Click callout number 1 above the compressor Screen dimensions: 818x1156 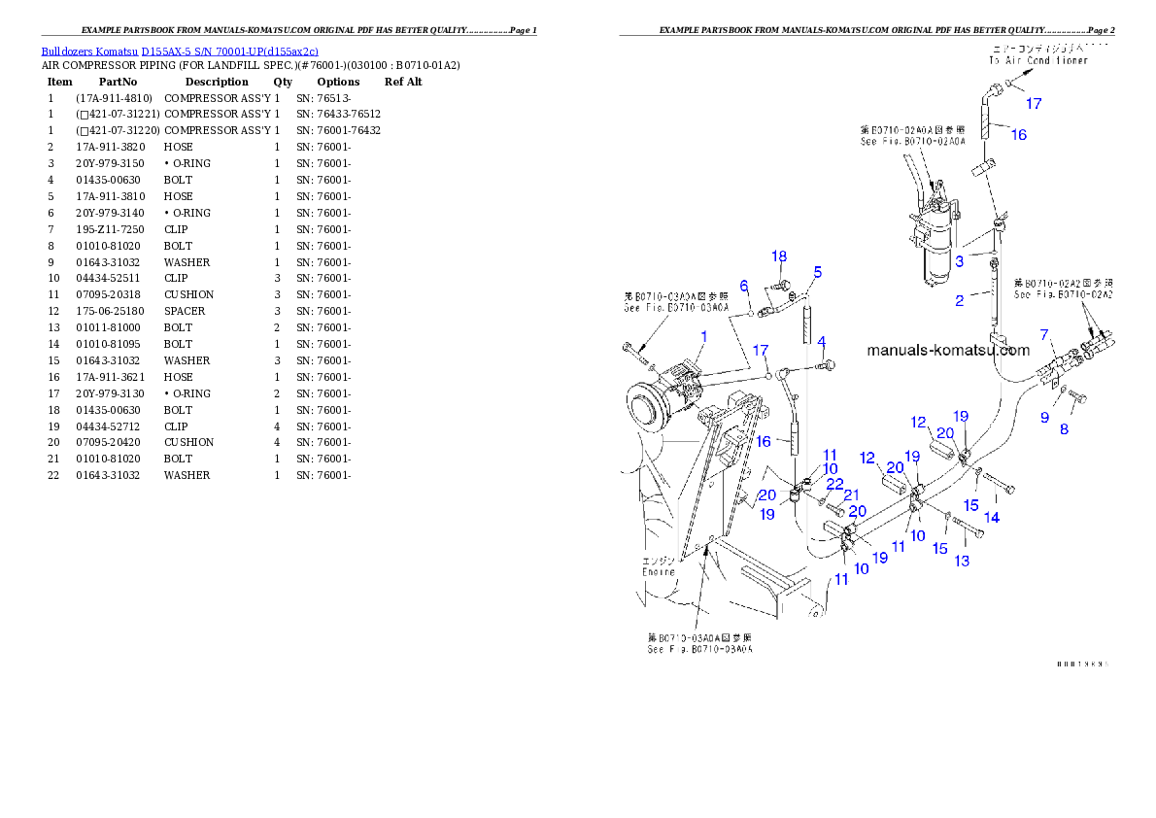[x=703, y=336]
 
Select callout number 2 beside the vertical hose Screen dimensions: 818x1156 [x=959, y=300]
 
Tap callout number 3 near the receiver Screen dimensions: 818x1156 [x=959, y=260]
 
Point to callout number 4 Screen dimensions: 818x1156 [x=821, y=342]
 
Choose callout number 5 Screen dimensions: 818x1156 [x=817, y=272]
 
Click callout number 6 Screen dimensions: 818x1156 [x=744, y=286]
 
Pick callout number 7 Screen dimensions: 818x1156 [x=1044, y=335]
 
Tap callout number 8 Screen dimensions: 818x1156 [x=1064, y=428]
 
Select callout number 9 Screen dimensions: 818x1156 [x=1044, y=418]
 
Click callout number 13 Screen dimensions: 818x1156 [x=962, y=561]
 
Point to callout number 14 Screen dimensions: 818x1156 [x=992, y=518]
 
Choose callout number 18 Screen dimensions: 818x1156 [x=779, y=256]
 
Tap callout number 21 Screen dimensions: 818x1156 [x=851, y=494]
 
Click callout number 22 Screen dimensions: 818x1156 [x=834, y=483]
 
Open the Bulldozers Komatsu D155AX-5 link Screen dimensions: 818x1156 [x=180, y=51]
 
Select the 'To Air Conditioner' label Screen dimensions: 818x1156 [x=1038, y=59]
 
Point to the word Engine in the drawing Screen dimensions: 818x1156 [x=658, y=571]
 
